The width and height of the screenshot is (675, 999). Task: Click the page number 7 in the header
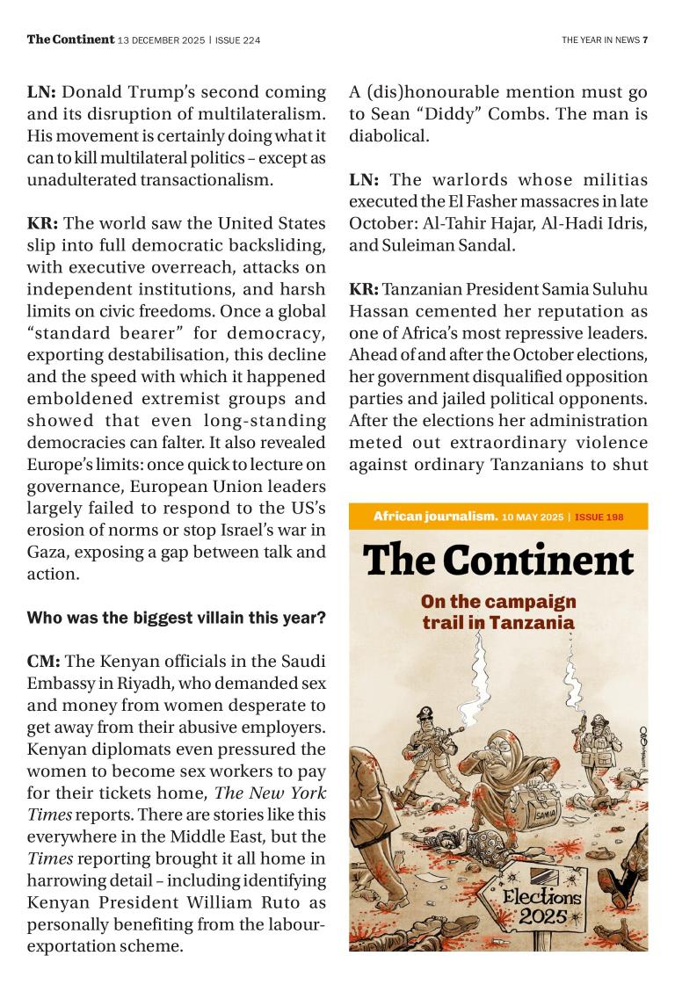coord(645,40)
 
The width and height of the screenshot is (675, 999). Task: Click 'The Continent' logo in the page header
coord(70,40)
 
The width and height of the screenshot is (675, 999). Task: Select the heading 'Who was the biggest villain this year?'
coord(176,619)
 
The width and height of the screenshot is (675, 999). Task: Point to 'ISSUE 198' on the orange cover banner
coord(599,517)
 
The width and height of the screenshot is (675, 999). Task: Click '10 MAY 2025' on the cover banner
coord(533,517)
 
